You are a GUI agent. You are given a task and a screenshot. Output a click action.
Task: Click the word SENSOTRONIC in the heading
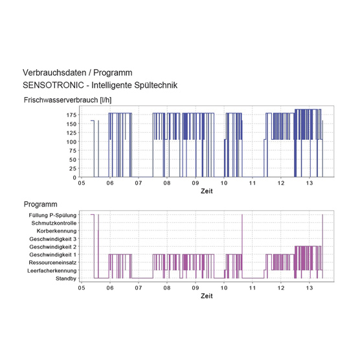53,85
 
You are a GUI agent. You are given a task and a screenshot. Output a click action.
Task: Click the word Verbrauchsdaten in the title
54,73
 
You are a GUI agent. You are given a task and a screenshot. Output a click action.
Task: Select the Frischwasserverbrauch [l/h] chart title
67,100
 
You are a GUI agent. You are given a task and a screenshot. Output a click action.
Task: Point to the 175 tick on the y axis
71,115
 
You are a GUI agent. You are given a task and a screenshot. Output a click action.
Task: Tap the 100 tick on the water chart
71,142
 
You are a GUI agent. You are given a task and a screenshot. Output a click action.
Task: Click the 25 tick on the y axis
73,168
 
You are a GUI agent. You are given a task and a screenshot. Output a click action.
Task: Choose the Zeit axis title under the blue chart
207,191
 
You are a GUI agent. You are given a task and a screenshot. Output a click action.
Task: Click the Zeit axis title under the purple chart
207,296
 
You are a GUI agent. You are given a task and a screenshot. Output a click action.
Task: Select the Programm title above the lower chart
40,205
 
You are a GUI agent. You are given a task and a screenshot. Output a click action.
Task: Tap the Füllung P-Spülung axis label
52,216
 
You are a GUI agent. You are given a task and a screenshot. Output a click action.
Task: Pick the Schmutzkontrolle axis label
54,223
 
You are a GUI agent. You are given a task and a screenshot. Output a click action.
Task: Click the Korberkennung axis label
56,231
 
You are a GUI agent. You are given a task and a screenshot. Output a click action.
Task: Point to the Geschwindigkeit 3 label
53,239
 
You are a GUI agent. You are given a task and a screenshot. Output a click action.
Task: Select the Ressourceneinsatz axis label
52,262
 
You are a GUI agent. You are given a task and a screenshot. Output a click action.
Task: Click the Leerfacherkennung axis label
52,271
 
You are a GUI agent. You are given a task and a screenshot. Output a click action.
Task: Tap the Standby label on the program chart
66,278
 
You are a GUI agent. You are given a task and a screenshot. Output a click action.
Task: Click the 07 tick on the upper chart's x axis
139,183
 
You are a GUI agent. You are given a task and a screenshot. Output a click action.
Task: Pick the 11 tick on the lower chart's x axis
253,288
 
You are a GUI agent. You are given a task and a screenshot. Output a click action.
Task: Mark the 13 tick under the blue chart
309,183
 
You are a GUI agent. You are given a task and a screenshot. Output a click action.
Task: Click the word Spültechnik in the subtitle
155,85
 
